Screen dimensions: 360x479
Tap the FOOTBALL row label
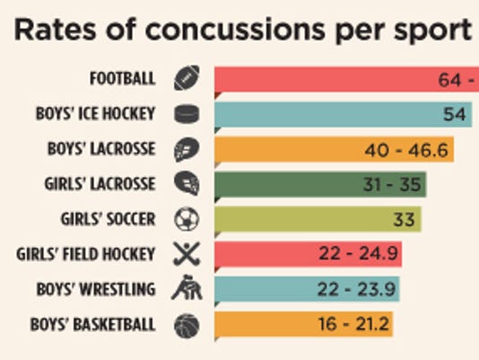point(122,78)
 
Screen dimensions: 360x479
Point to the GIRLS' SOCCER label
point(109,218)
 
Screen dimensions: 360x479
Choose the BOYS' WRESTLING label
point(97,289)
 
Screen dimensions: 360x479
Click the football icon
point(187,78)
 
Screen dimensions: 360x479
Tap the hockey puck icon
point(187,114)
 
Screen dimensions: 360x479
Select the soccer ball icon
point(187,219)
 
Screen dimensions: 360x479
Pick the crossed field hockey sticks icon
point(187,254)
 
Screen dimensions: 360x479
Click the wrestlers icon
point(187,289)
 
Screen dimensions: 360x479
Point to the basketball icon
point(187,324)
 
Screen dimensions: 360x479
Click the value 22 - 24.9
point(357,254)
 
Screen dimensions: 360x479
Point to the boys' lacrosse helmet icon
point(187,149)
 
